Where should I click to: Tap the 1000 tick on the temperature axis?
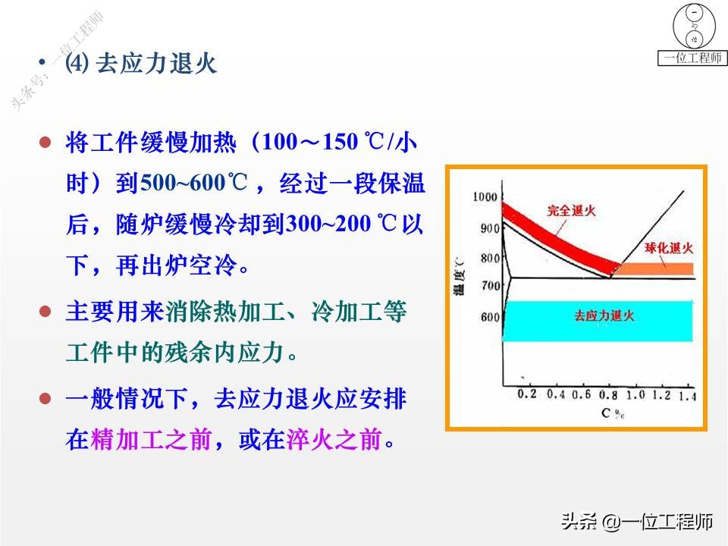click(483, 197)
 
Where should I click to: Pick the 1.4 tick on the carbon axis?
click(689, 395)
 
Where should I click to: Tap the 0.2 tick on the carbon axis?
click(526, 395)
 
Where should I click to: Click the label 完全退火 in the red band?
click(571, 211)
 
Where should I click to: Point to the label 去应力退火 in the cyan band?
click(604, 315)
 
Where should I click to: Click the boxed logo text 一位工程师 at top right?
click(692, 58)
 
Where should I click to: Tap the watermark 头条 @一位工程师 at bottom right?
click(637, 522)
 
